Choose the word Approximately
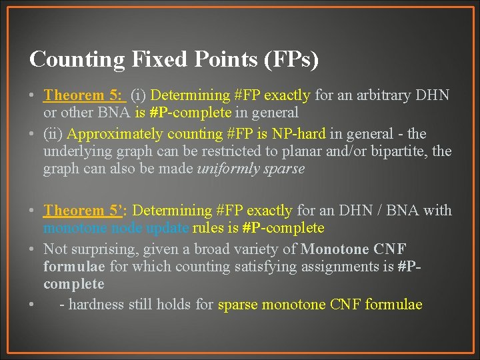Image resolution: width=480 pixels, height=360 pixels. (x=109, y=134)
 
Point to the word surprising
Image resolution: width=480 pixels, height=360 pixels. (x=102, y=249)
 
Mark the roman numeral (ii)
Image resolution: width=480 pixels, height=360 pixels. (x=53, y=134)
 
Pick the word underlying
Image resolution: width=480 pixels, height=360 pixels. (x=77, y=151)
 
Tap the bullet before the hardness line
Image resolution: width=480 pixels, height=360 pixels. (x=32, y=305)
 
